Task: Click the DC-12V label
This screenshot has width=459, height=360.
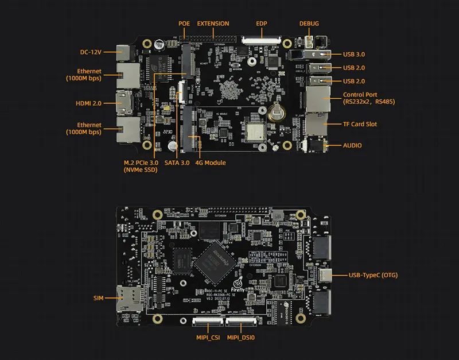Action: [90, 52]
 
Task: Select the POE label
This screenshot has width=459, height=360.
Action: [184, 24]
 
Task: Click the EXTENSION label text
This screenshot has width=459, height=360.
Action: [213, 24]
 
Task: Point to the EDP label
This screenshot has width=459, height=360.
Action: [262, 24]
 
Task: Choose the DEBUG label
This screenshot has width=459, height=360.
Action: [309, 24]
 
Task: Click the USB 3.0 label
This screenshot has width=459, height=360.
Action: [354, 55]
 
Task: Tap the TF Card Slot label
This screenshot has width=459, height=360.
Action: [360, 124]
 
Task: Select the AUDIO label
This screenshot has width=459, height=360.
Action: [352, 145]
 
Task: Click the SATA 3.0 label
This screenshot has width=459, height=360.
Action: [177, 163]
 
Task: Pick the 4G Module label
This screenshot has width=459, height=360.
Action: [211, 163]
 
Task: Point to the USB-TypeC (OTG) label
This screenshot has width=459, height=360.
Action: [373, 275]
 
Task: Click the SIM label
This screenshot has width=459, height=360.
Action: [98, 299]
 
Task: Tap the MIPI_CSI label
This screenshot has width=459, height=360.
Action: [207, 338]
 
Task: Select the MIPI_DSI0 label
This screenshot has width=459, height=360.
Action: [242, 338]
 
